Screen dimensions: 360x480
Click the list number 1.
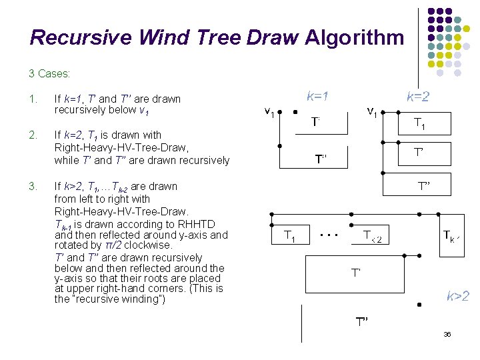(33, 99)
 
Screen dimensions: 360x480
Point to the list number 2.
(33, 136)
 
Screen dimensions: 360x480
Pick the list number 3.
(33, 186)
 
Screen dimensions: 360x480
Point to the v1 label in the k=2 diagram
(371, 113)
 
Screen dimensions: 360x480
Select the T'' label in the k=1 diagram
(321, 159)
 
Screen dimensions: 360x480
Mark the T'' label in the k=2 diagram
(425, 186)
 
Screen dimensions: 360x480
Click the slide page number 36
(447, 334)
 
